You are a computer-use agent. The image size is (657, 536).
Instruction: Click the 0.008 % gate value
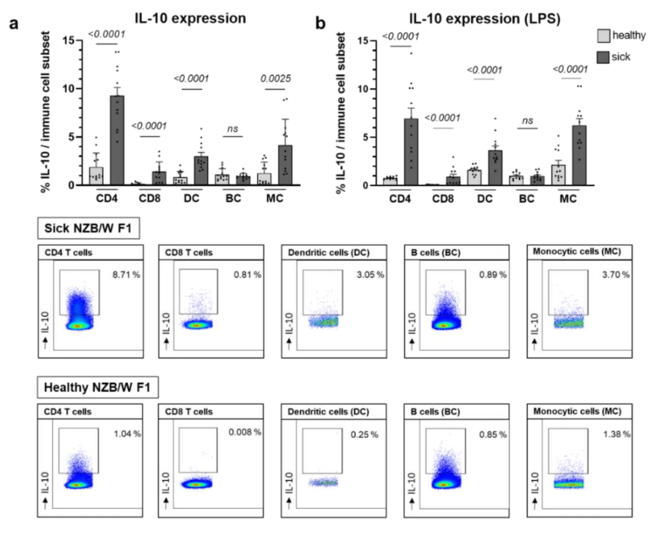(x=245, y=433)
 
